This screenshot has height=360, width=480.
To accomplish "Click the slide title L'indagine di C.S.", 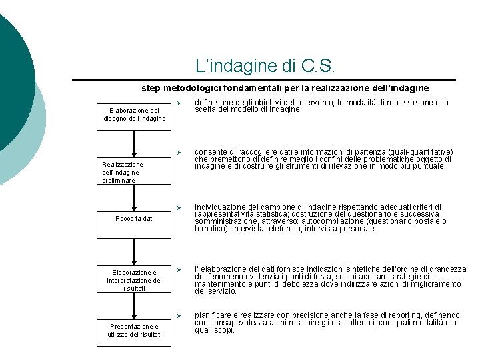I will click(x=267, y=66).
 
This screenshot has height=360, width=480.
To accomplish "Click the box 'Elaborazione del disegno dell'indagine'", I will click(x=134, y=115).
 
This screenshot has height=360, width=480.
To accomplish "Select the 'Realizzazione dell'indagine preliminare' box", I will click(x=134, y=171).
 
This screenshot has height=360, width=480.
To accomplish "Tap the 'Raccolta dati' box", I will click(x=134, y=219).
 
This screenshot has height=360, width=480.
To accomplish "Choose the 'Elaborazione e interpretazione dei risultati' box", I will click(x=134, y=280).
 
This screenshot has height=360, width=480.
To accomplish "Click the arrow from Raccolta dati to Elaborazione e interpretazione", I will click(x=134, y=251).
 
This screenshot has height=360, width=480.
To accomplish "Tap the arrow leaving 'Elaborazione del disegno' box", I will click(x=134, y=143).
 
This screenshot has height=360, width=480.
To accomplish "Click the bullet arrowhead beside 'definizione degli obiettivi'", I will click(x=180, y=103).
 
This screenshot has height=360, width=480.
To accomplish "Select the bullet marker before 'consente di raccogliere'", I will click(x=180, y=152).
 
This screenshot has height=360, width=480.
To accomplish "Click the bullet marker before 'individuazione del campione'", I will click(x=180, y=207).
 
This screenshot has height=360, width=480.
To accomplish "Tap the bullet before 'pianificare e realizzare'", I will click(x=180, y=315).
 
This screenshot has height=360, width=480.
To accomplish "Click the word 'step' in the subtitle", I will click(x=151, y=88).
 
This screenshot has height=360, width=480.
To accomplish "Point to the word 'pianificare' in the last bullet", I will click(x=212, y=315).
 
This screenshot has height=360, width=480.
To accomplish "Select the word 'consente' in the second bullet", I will click(x=209, y=152).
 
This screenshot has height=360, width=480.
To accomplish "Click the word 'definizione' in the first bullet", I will click(x=213, y=103).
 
